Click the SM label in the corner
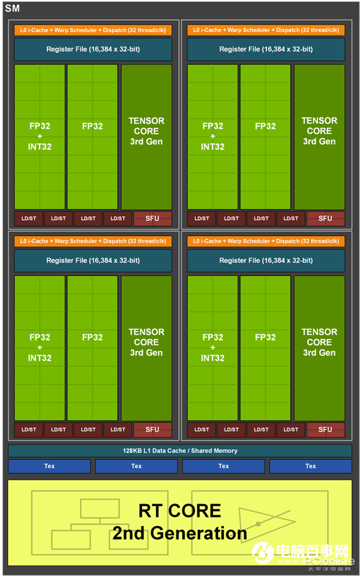click(x=12, y=8)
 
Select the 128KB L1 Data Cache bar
click(x=180, y=451)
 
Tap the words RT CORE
click(x=179, y=511)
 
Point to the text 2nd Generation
click(x=179, y=533)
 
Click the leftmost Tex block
click(x=49, y=466)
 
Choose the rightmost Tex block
click(x=310, y=466)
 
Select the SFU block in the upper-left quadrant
click(x=152, y=218)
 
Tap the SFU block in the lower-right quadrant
click(x=325, y=430)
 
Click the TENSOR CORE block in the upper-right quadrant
click(x=319, y=137)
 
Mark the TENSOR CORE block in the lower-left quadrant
click(x=146, y=348)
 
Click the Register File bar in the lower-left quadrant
click(x=93, y=260)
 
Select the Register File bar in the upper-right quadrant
click(x=266, y=49)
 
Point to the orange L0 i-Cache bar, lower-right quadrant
click(x=266, y=241)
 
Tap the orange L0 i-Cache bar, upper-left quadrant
click(x=93, y=30)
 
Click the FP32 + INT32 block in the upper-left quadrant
click(x=40, y=137)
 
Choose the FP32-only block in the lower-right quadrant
click(x=265, y=348)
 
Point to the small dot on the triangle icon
click(x=258, y=524)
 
